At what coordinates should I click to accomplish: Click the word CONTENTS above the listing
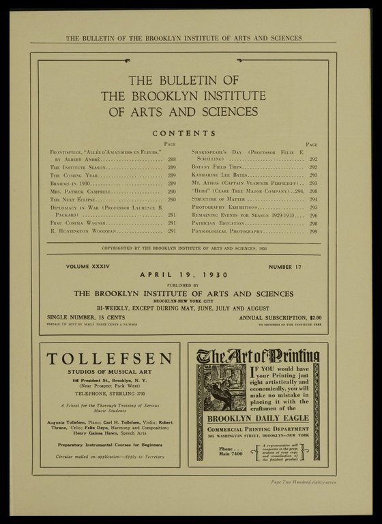184,133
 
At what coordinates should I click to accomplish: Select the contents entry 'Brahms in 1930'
71,184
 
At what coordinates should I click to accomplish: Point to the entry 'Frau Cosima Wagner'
76,223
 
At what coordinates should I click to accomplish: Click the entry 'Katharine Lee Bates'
218,175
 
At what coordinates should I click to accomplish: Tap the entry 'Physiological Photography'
228,231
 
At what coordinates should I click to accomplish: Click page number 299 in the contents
313,231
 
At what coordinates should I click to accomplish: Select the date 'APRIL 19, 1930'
184,275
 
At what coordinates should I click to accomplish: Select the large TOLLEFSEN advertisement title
109,360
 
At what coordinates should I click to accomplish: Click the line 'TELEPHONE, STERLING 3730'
109,394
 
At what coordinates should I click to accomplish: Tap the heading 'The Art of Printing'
258,355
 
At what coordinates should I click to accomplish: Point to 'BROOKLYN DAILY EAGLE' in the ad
258,418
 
